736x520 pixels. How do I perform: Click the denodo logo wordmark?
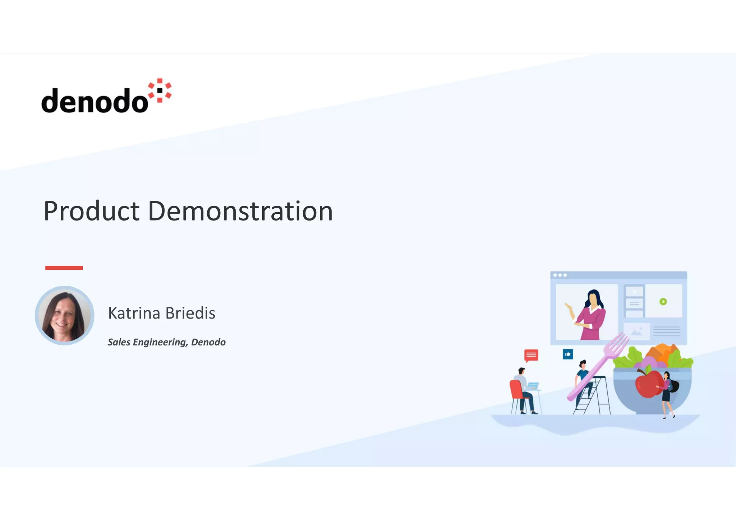pos(95,101)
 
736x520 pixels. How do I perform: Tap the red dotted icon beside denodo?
pos(160,90)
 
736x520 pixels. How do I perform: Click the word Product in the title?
pos(91,211)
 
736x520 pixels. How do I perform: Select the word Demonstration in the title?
pos(240,211)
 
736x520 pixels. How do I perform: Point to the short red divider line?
pos(64,268)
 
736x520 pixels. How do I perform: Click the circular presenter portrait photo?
pos(65,315)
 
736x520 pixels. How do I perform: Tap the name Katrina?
pos(134,313)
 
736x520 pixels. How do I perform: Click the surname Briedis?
pos(190,313)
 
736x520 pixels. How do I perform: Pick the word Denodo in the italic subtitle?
pos(208,342)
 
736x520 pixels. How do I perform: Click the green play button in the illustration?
pos(663,302)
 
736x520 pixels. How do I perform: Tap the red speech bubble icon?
pos(531,355)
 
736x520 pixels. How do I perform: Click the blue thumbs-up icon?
pos(568,354)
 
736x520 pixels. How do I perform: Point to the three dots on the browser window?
pos(560,275)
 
